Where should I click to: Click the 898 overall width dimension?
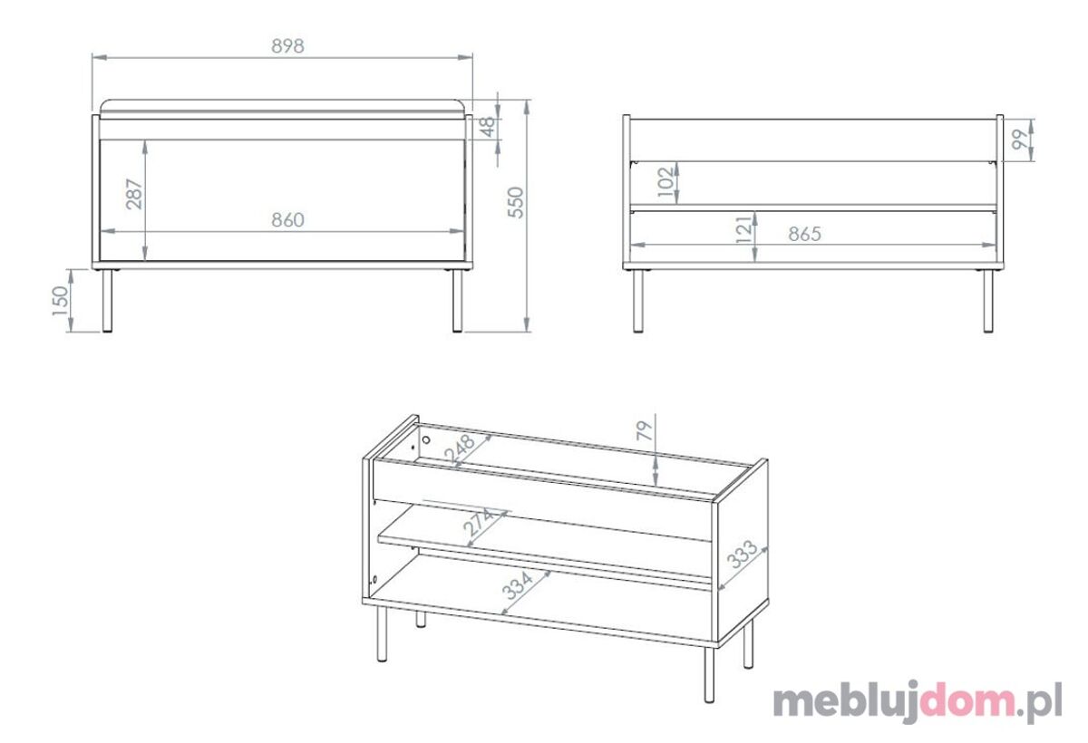(287, 46)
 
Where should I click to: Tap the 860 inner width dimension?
(287, 220)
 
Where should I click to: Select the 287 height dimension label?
(134, 194)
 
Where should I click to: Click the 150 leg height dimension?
(61, 301)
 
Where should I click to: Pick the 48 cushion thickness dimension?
(488, 126)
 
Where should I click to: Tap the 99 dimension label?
(1019, 140)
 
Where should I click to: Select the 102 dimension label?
(666, 182)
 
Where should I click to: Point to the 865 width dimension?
(804, 235)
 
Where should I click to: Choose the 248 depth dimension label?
(459, 449)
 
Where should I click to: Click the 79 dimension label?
(644, 431)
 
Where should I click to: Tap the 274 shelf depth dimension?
(479, 522)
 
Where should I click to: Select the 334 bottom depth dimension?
(518, 585)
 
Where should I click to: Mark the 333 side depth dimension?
(742, 555)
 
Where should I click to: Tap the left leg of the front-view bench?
(107, 301)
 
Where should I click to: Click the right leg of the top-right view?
(988, 301)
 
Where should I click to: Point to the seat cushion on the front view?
(282, 108)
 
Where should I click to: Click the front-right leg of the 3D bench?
(710, 674)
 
